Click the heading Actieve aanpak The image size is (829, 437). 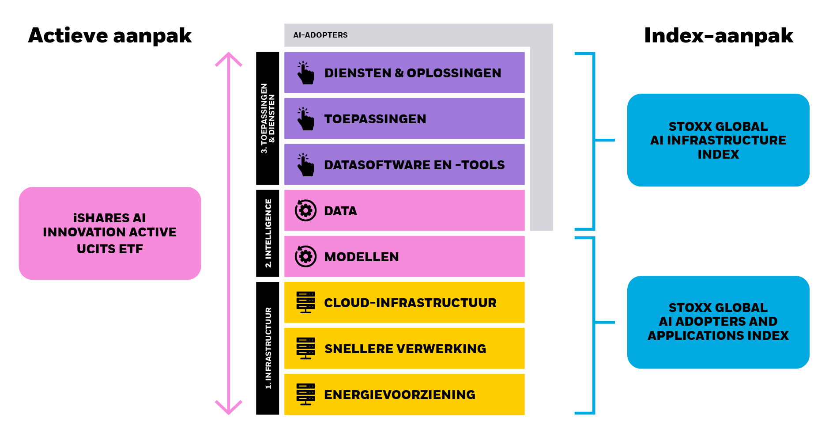pos(110,36)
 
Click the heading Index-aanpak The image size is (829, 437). pos(718,36)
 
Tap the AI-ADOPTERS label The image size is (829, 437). pos(320,35)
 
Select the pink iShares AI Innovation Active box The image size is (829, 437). pos(110,233)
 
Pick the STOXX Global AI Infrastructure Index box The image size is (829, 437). pos(718,140)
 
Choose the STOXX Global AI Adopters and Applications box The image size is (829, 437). pos(718,322)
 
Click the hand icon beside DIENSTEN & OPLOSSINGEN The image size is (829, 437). pos(305,73)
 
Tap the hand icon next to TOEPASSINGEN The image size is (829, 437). pos(305,119)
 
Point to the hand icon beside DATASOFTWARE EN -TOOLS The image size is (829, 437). pos(305,165)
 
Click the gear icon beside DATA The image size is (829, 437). pos(305,211)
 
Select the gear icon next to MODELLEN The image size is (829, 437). pos(305,257)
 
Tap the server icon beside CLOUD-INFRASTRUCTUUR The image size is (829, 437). pos(305,303)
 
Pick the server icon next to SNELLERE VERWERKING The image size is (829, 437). pos(305,349)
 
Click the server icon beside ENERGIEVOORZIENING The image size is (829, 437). pos(305,395)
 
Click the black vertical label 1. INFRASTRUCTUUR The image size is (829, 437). pos(268,348)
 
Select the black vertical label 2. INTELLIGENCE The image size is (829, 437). pos(268,233)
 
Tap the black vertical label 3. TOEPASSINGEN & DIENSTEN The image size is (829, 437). pos(268,118)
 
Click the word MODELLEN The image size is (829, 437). pos(362,257)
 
